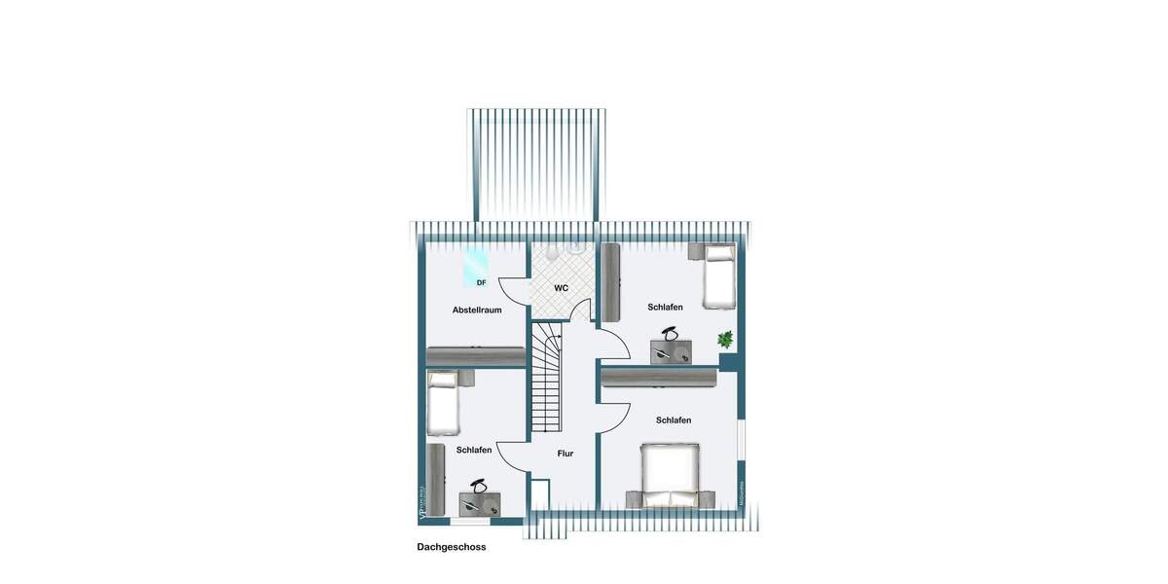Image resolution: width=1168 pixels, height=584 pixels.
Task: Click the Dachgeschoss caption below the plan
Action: click(452, 547)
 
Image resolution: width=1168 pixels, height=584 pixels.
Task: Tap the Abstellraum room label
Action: click(477, 310)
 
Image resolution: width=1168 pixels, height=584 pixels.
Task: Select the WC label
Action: click(562, 288)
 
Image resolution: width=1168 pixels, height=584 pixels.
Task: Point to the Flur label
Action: click(566, 454)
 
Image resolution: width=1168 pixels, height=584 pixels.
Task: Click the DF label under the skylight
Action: click(481, 283)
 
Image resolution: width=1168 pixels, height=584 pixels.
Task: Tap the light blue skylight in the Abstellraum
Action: click(476, 263)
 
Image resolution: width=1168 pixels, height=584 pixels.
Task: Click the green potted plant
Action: click(725, 340)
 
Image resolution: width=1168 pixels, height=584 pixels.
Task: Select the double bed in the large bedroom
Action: click(670, 475)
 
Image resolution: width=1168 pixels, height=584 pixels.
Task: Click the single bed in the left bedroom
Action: click(444, 402)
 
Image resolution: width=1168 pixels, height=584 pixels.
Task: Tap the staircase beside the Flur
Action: click(547, 380)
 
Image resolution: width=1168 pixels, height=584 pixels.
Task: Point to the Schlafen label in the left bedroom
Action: click(474, 450)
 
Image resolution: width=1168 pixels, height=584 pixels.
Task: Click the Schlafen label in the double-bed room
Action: click(674, 420)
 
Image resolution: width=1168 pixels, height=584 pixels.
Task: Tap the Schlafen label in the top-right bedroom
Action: click(666, 308)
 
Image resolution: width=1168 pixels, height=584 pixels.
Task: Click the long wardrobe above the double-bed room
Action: click(659, 377)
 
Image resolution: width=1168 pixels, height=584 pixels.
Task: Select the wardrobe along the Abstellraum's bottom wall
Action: click(477, 357)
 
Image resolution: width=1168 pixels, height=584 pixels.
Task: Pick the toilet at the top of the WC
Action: click(551, 254)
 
